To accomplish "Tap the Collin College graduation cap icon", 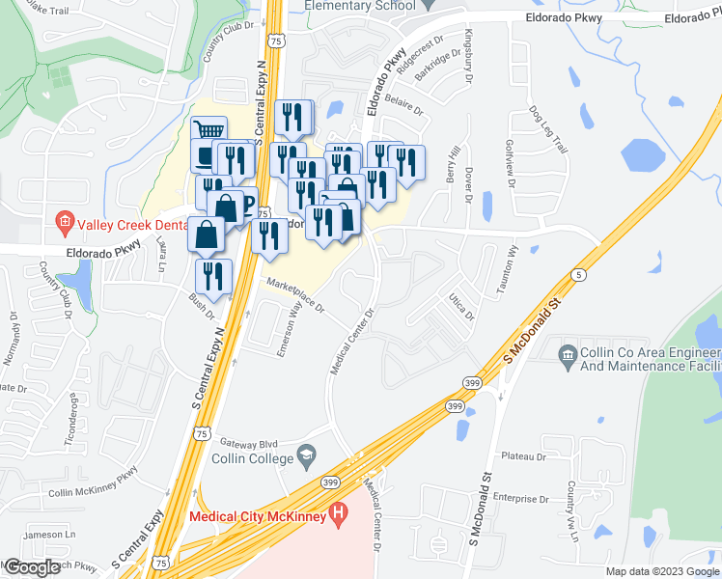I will coord(306,455).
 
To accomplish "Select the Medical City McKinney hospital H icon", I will coord(337,516).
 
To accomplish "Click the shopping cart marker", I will coord(209,133).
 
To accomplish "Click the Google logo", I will coord(32,567).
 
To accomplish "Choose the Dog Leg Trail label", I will coord(545,129).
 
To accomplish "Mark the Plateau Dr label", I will coord(524,455).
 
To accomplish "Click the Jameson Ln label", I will coord(50,534).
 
